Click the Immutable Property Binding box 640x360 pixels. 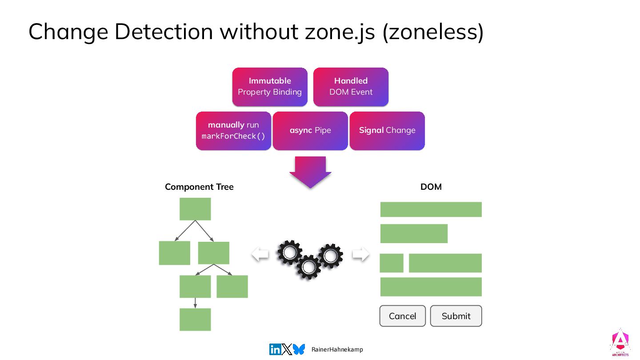click(269, 87)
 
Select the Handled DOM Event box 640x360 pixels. click(351, 87)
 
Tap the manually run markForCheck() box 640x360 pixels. click(233, 131)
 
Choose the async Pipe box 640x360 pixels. click(310, 131)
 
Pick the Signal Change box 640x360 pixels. click(387, 131)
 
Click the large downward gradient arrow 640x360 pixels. click(310, 172)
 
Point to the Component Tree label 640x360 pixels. click(199, 187)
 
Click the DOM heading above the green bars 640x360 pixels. click(431, 187)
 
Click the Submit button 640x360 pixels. click(456, 316)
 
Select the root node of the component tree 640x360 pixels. click(195, 209)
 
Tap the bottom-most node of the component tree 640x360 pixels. click(195, 320)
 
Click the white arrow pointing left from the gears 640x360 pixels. click(260, 254)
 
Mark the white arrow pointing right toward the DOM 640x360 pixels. click(360, 254)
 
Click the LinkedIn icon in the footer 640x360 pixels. click(275, 349)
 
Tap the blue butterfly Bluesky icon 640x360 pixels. click(299, 349)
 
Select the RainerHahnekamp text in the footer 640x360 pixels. click(337, 350)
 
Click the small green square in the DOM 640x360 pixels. click(392, 263)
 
